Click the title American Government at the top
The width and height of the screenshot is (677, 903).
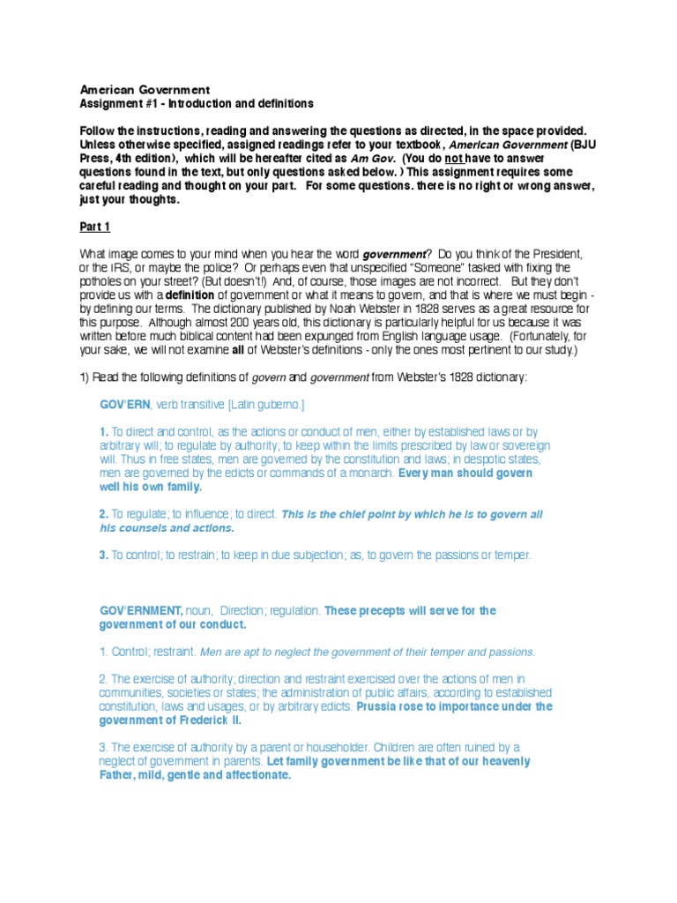point(145,90)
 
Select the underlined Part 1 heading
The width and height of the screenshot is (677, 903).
point(95,227)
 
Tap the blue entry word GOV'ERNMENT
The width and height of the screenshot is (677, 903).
point(142,610)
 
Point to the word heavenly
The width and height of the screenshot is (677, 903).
point(504,760)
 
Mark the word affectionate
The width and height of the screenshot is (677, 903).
point(247,774)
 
